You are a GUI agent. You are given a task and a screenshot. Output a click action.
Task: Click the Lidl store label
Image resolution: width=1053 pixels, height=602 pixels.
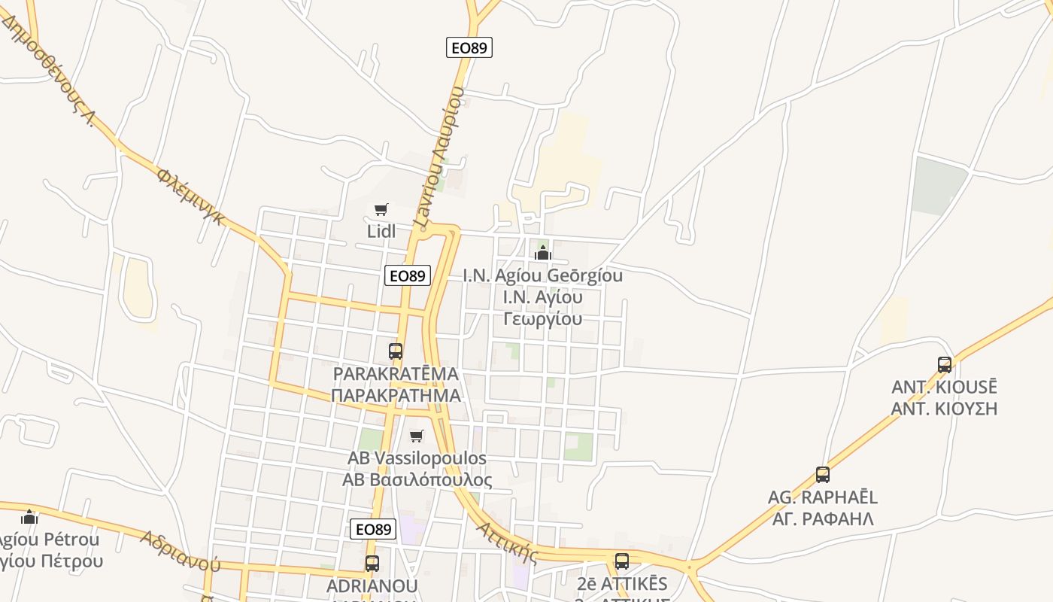381,232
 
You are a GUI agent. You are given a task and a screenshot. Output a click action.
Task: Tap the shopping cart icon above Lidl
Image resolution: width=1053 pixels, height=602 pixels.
381,209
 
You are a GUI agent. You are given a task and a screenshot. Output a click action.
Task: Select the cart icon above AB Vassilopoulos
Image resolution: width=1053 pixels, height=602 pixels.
417,436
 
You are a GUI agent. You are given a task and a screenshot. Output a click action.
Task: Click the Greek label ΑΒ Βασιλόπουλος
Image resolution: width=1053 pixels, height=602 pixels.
417,480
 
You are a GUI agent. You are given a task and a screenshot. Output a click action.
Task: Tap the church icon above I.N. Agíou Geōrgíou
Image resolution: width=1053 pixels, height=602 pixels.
542,253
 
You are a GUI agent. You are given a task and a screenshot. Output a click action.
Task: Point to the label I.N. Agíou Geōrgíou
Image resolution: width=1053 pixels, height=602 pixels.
542,275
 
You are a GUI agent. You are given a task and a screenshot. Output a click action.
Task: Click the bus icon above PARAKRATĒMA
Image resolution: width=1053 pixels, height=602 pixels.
396,351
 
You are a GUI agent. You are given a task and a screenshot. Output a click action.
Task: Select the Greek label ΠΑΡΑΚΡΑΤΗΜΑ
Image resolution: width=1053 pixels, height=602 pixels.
396,395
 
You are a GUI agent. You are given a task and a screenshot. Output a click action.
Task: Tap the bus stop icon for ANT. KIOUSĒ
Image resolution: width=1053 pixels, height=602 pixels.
945,365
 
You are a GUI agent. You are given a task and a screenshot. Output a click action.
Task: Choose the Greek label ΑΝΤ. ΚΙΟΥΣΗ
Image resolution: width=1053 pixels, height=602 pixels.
944,409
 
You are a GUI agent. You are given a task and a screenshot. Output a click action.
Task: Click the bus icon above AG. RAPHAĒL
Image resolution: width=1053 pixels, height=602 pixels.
823,475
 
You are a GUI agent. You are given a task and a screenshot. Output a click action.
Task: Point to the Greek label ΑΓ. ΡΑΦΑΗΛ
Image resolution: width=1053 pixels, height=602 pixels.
823,518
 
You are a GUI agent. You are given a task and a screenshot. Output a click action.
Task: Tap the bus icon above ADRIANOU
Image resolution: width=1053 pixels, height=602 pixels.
372,563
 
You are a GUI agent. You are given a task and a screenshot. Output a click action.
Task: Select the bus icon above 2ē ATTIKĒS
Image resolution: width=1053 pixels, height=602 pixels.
622,561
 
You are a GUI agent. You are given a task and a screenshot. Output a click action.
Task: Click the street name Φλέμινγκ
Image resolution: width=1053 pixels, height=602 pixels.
191,196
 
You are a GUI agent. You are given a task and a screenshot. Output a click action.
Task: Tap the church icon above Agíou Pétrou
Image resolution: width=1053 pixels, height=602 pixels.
29,517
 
